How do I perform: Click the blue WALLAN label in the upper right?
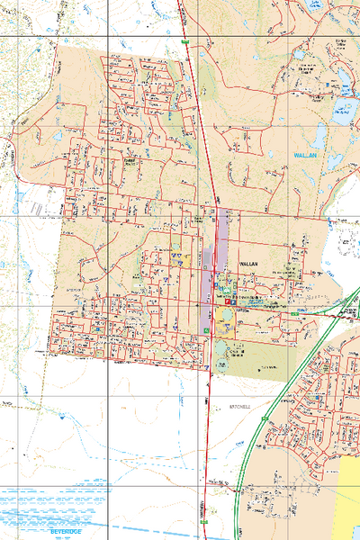[x=307, y=156]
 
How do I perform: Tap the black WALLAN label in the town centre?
[x=249, y=264]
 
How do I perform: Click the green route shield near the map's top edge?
[x=184, y=41]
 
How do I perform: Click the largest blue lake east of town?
[x=343, y=112]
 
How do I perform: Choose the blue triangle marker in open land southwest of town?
[x=60, y=418]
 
